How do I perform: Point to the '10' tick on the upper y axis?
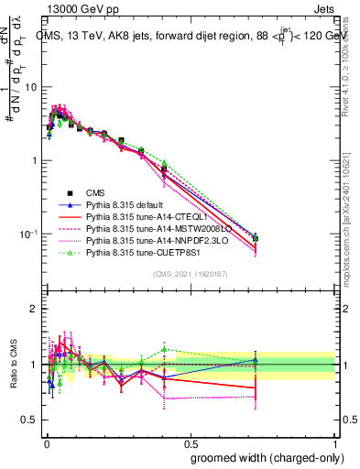[x=30, y=87]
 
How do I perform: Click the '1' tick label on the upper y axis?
[x=34, y=160]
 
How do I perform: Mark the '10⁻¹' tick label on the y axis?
[x=28, y=234]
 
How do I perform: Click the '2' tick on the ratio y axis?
[x=34, y=309]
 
